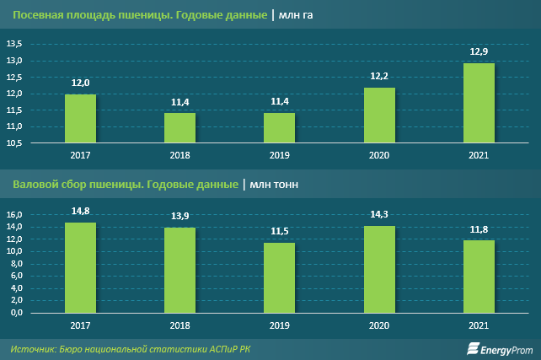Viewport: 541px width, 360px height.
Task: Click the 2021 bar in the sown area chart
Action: pyautogui.click(x=479, y=104)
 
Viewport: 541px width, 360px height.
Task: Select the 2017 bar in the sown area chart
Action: pyautogui.click(x=80, y=119)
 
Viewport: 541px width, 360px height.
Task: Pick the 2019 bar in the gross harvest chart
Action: pyautogui.click(x=280, y=278)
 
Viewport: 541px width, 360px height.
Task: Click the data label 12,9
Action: pyautogui.click(x=479, y=52)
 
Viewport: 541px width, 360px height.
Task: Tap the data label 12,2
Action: pyautogui.click(x=379, y=76)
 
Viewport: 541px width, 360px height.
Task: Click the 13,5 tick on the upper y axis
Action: pyautogui.click(x=17, y=45)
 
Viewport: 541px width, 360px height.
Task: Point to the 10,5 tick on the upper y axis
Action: pyautogui.click(x=17, y=143)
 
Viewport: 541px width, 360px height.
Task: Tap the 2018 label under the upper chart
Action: pyautogui.click(x=179, y=156)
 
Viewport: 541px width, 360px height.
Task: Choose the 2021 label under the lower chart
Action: pyautogui.click(x=479, y=325)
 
